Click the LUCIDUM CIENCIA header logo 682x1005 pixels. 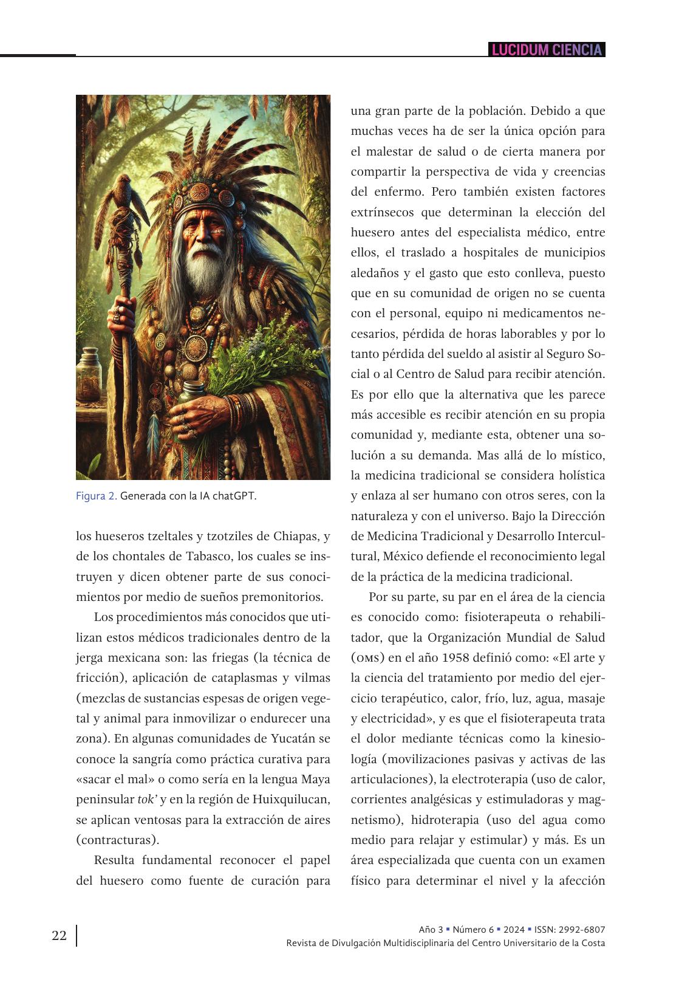click(547, 50)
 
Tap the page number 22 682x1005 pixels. click(59, 935)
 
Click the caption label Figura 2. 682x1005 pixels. click(96, 496)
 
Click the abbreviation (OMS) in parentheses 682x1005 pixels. click(367, 659)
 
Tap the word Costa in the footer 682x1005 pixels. click(592, 943)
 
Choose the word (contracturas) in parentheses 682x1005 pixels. click(118, 840)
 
